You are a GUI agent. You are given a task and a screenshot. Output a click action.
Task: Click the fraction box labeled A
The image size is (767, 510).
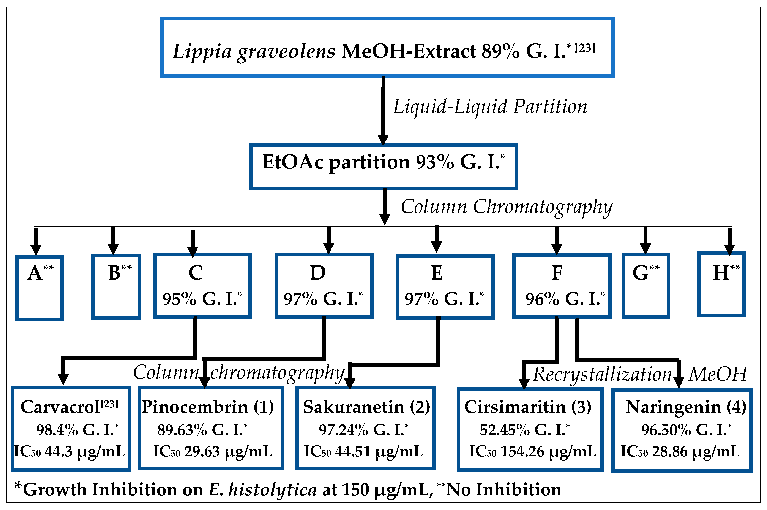pyautogui.click(x=39, y=288)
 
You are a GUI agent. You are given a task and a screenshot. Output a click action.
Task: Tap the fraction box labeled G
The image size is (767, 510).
pyautogui.click(x=646, y=286)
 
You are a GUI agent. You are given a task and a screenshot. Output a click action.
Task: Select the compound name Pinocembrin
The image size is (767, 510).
pyautogui.click(x=195, y=407)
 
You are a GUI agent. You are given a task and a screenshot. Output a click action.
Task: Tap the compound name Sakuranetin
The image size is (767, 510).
pyautogui.click(x=354, y=407)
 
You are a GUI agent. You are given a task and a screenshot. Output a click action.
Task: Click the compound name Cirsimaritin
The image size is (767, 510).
pyautogui.click(x=515, y=407)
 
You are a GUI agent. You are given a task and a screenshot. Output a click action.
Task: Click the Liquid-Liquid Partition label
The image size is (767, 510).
pyautogui.click(x=490, y=107)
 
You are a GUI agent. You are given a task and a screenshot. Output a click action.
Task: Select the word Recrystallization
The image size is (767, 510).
pyautogui.click(x=602, y=374)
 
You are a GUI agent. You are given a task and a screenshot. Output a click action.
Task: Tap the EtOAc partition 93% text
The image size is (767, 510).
pyautogui.click(x=383, y=162)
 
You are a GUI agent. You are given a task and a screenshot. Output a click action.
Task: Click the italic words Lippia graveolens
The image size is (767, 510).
pyautogui.click(x=253, y=51)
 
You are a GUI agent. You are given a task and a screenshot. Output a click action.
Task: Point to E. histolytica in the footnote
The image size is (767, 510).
pyautogui.click(x=262, y=489)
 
